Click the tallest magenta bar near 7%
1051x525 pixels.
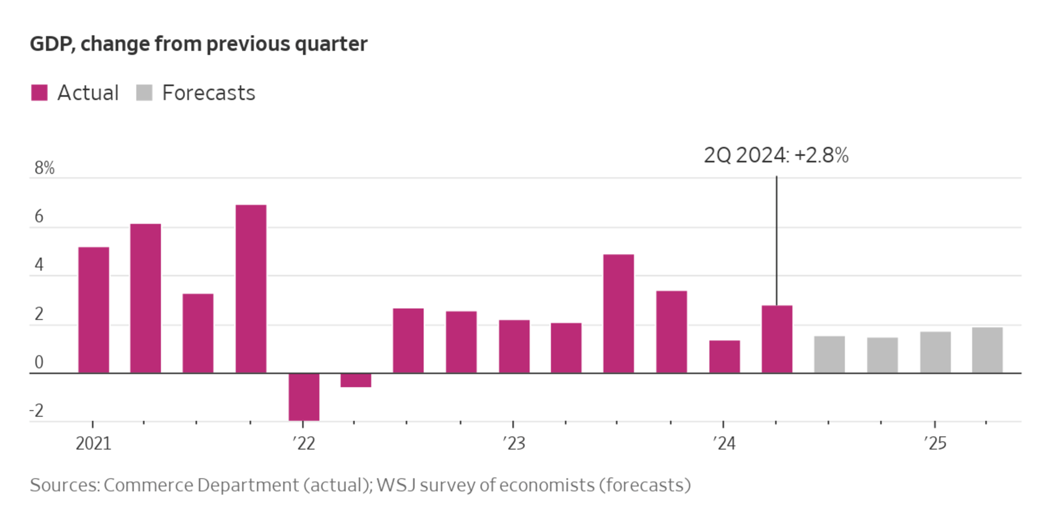tap(251, 289)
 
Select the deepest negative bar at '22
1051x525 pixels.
tap(304, 397)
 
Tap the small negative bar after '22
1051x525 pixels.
tap(356, 380)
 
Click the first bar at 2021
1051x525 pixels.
tap(94, 310)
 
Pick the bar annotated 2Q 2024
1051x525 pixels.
tap(777, 339)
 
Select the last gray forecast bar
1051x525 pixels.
tap(987, 350)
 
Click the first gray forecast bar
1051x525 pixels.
tap(829, 354)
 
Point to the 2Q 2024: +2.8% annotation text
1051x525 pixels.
tap(776, 155)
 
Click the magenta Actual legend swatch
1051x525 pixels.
tap(39, 93)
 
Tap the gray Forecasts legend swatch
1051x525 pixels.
tap(144, 93)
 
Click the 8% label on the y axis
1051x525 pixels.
tap(44, 168)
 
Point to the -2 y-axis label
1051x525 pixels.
tap(37, 411)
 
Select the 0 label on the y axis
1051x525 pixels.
tap(39, 363)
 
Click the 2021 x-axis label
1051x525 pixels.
tap(93, 444)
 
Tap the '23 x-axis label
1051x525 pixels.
tap(514, 444)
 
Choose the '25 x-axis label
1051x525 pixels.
tap(935, 444)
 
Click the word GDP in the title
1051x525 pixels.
tap(52, 44)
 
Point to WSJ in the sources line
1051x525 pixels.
tap(396, 485)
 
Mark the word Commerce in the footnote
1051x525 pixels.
tap(148, 485)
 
